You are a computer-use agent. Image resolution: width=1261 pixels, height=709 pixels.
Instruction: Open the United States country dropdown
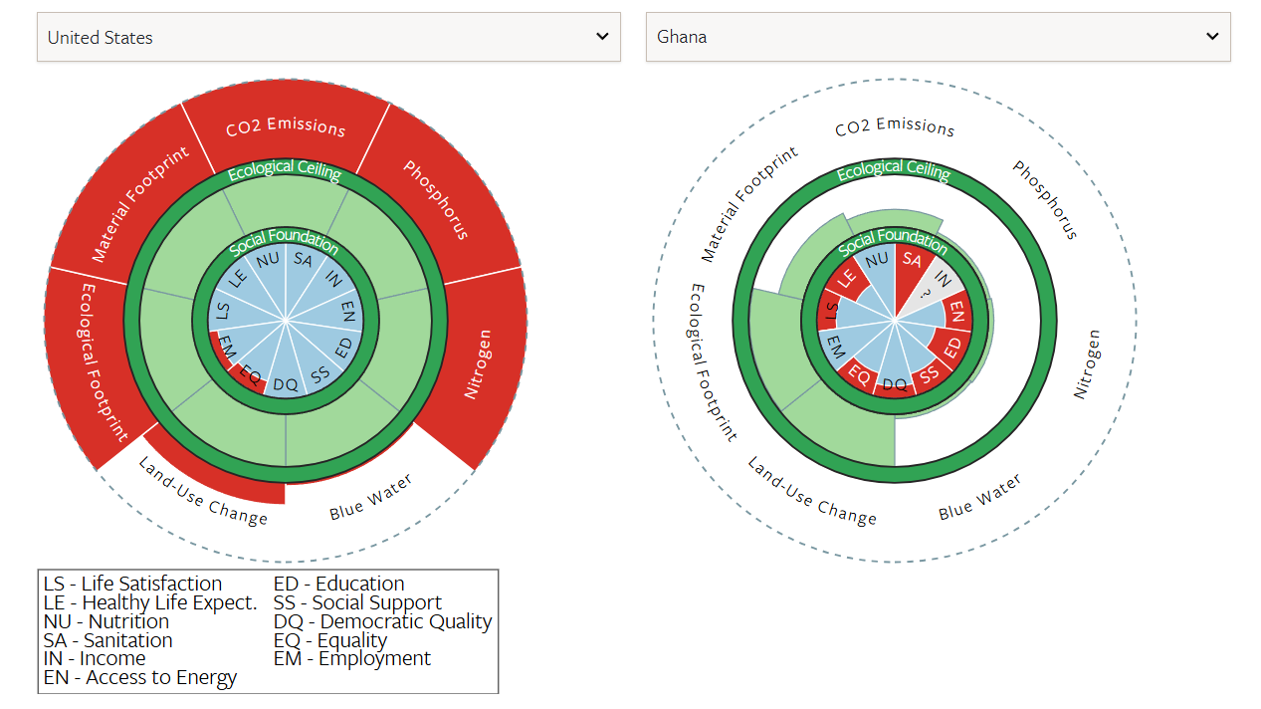[x=328, y=37]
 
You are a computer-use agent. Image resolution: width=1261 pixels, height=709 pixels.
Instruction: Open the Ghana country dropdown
[x=938, y=37]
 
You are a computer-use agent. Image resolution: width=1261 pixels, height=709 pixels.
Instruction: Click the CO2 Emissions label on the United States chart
[x=286, y=127]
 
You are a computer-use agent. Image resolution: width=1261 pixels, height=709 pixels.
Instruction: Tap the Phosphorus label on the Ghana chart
[x=1045, y=199]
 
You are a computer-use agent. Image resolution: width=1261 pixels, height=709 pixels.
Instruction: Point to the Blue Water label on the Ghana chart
[x=979, y=497]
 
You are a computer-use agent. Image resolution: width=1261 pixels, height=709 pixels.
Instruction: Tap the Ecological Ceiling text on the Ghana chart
[x=894, y=170]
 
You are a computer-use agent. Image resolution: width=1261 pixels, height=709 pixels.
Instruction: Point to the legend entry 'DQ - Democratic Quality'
[x=383, y=621]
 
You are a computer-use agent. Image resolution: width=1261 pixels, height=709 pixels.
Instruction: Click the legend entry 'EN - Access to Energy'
[x=140, y=678]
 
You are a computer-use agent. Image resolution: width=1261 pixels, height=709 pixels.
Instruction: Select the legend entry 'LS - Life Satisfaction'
[x=133, y=584]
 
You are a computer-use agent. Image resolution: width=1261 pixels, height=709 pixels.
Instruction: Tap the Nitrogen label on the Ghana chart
[x=1088, y=363]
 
